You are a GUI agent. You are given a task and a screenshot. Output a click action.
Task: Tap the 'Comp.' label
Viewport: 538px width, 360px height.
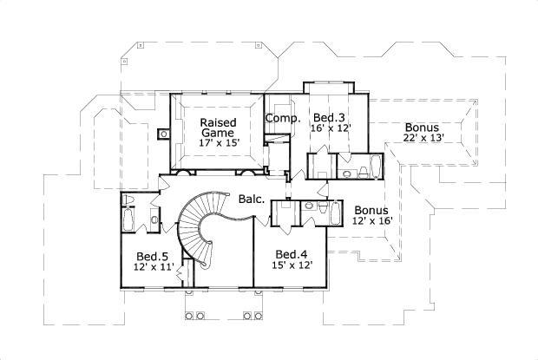282,118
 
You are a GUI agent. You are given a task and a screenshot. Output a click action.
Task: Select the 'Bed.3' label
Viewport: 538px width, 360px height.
329,117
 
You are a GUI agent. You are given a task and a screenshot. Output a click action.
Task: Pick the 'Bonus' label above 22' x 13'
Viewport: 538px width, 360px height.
421,128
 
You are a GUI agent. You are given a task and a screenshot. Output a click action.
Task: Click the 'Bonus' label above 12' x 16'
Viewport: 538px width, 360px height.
371,210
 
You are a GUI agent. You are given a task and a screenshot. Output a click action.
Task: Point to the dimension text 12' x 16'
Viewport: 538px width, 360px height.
373,221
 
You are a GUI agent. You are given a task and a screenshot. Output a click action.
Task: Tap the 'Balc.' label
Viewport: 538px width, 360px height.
252,200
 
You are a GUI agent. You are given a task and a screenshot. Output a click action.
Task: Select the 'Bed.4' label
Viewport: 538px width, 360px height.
292,254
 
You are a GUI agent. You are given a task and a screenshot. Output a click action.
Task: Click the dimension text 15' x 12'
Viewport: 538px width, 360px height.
292,265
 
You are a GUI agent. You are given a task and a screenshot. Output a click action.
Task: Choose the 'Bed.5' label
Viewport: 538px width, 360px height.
154,256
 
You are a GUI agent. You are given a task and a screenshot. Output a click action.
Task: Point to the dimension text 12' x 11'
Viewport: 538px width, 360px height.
154,267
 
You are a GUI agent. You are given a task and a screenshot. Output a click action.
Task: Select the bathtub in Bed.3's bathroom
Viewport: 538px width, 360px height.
374,167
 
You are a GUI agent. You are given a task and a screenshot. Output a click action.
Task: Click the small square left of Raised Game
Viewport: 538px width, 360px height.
163,134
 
